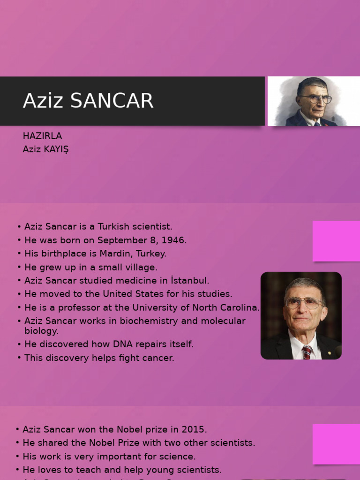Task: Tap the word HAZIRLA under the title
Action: point(42,136)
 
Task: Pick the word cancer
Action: point(158,358)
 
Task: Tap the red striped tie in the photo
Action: point(307,352)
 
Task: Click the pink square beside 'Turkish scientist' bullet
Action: point(336,241)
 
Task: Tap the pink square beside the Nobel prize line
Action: point(336,444)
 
